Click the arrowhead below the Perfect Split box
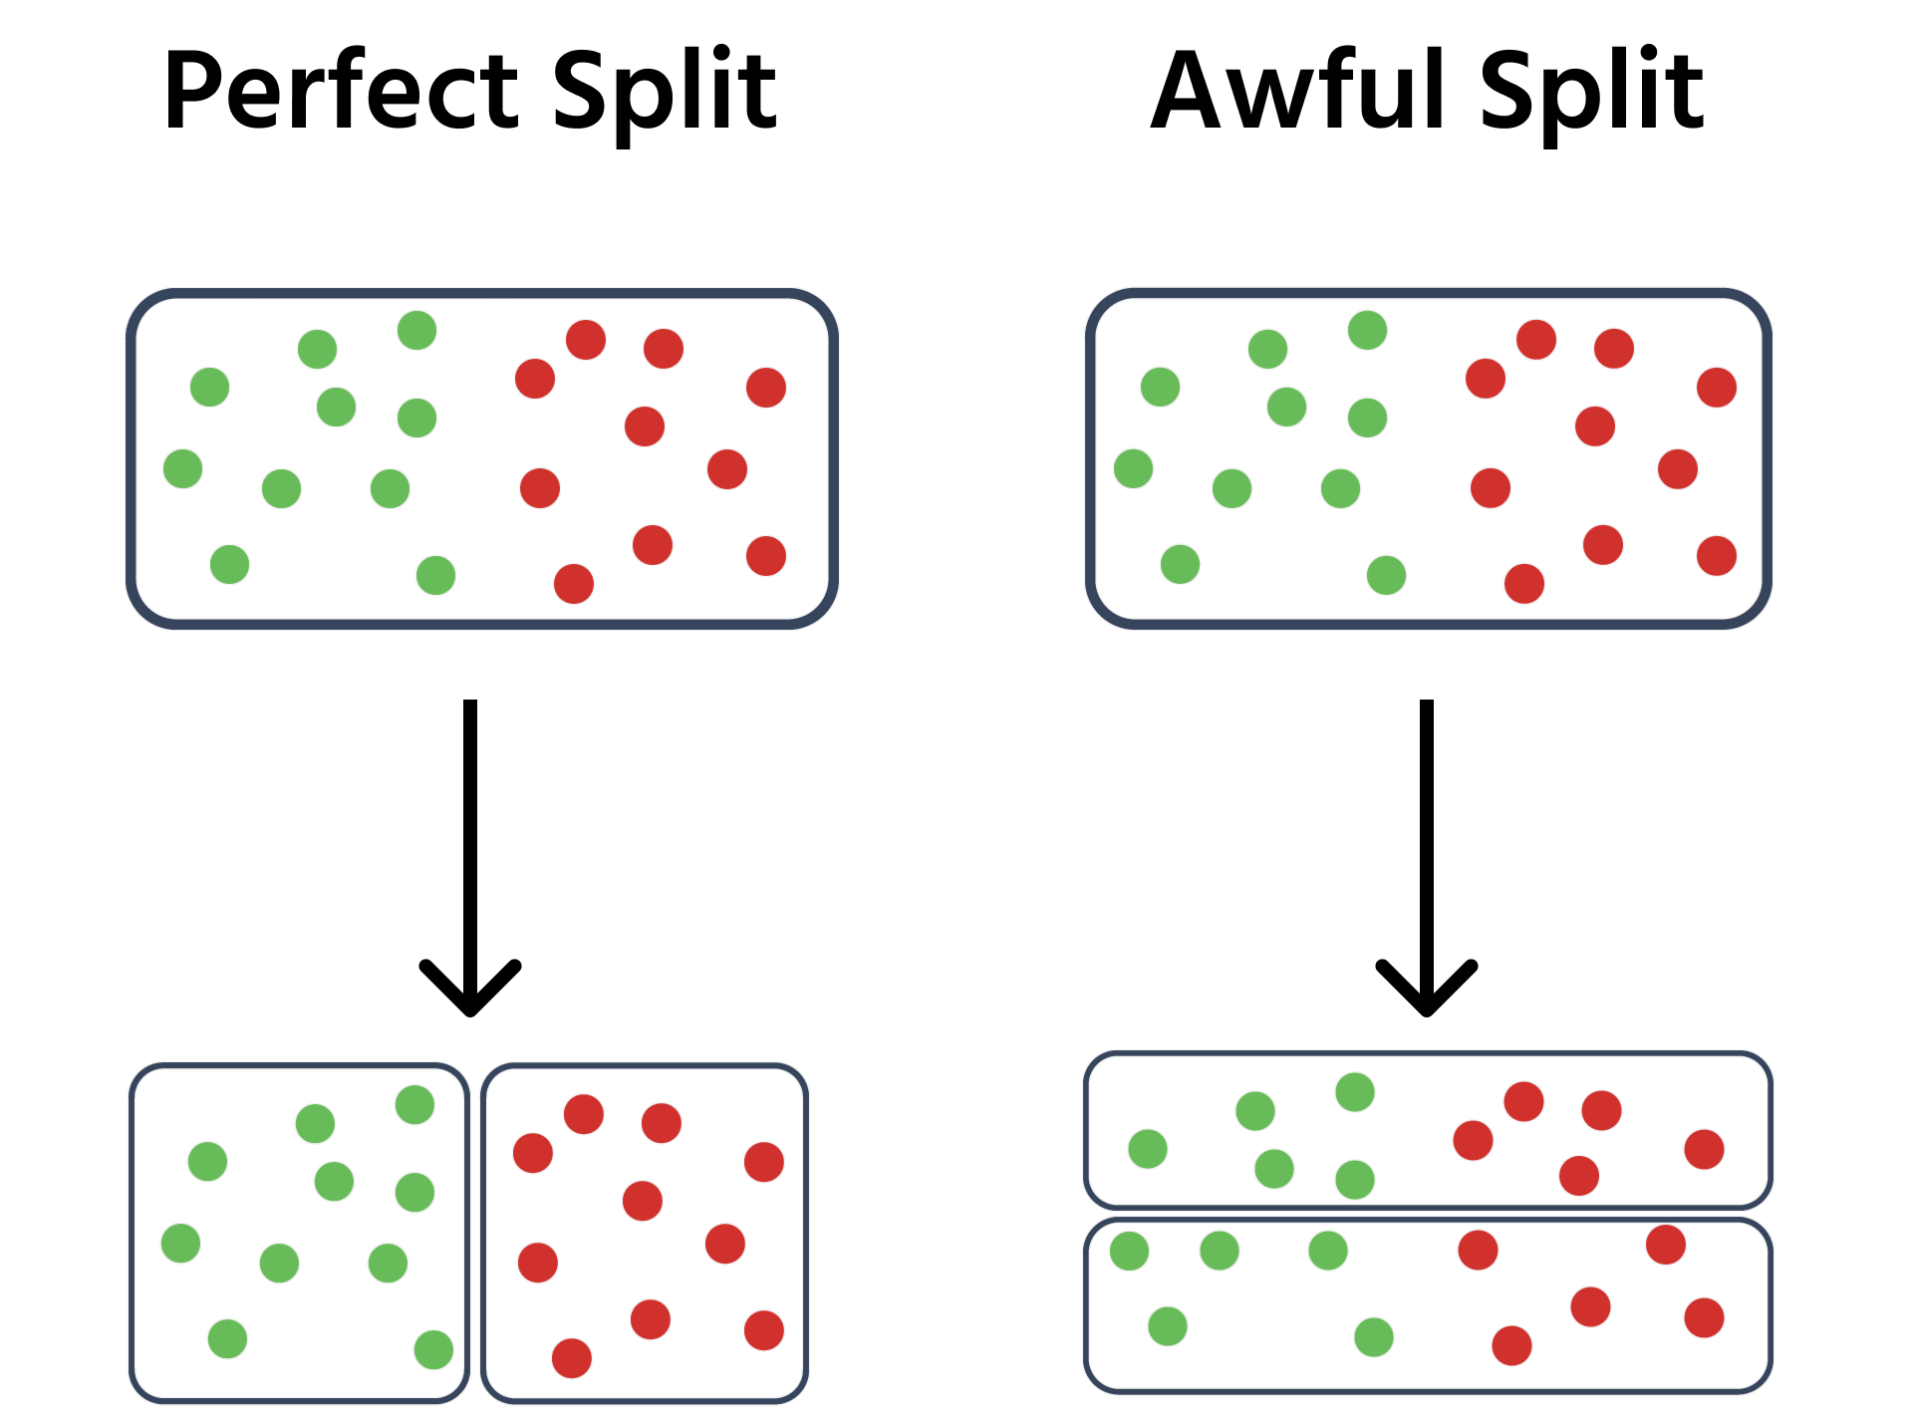(470, 988)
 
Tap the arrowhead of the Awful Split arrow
(1427, 988)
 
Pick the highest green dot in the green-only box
(414, 1104)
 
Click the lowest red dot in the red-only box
(572, 1358)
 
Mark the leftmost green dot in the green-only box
(180, 1243)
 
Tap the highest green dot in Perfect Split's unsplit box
(416, 330)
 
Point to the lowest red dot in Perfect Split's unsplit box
(574, 584)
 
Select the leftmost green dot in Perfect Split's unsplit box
(182, 468)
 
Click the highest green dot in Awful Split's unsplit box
(1367, 330)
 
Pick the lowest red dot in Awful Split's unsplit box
(1524, 584)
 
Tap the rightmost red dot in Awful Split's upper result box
(1705, 1149)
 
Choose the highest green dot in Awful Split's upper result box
(1355, 1092)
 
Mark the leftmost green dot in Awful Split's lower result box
(1129, 1251)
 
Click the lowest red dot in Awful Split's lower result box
(1511, 1345)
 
